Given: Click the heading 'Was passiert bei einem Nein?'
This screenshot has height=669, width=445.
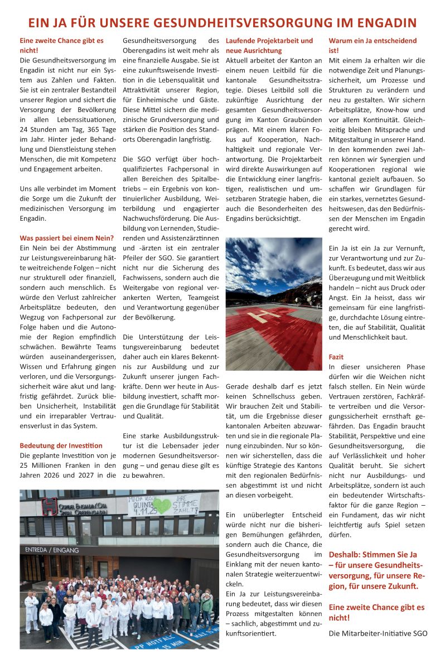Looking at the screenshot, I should click(x=66, y=238).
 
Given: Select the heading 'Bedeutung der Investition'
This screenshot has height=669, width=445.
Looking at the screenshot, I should click(x=61, y=445).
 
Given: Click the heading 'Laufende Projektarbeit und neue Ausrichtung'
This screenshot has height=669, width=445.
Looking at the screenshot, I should click(x=269, y=46).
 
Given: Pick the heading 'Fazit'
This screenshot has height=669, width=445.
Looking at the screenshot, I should click(x=336, y=357).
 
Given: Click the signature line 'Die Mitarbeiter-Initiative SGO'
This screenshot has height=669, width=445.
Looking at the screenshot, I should click(x=378, y=633).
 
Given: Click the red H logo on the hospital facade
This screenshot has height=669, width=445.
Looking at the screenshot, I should click(x=49, y=506).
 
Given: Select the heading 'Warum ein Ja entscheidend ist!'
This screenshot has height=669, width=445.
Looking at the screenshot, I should click(x=373, y=46).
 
